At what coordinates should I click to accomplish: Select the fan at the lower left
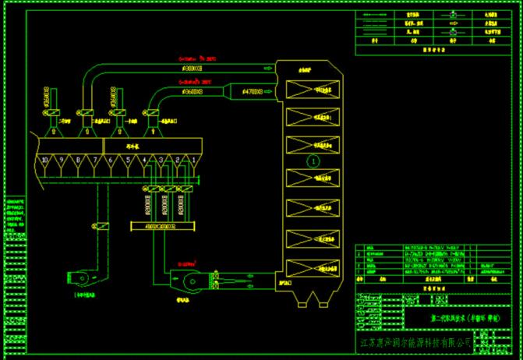coord(79,277)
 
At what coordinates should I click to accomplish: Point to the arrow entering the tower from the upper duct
coord(268,68)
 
